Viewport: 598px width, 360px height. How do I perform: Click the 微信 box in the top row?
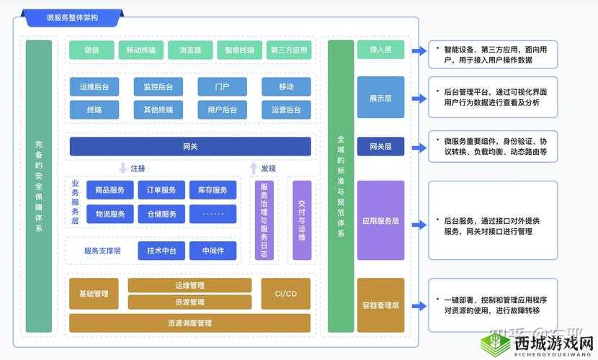coord(92,50)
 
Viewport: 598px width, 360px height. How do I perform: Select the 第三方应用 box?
coord(288,50)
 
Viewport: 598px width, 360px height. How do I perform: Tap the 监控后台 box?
coord(158,87)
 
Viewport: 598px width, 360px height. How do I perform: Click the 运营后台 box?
coord(286,110)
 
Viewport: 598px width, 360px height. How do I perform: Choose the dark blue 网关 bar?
coord(190,147)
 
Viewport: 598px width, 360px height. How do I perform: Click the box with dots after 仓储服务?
coord(213,214)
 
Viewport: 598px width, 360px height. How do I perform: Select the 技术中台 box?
coord(161,251)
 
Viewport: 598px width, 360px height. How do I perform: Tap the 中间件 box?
coord(213,251)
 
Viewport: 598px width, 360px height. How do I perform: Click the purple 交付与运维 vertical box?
coord(302,220)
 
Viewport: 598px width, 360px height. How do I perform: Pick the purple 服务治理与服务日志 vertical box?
coord(264,220)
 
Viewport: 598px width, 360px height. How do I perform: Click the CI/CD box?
coord(286,294)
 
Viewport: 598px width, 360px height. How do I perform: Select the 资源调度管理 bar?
coord(190,323)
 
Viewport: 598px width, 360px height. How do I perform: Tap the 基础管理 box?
coord(94,294)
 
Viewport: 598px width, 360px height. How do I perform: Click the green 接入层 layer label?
coord(380,50)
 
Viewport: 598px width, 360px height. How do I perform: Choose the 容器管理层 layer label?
coord(380,305)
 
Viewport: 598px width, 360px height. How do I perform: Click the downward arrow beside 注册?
coord(122,168)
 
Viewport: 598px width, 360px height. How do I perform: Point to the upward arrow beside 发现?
coord(253,168)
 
